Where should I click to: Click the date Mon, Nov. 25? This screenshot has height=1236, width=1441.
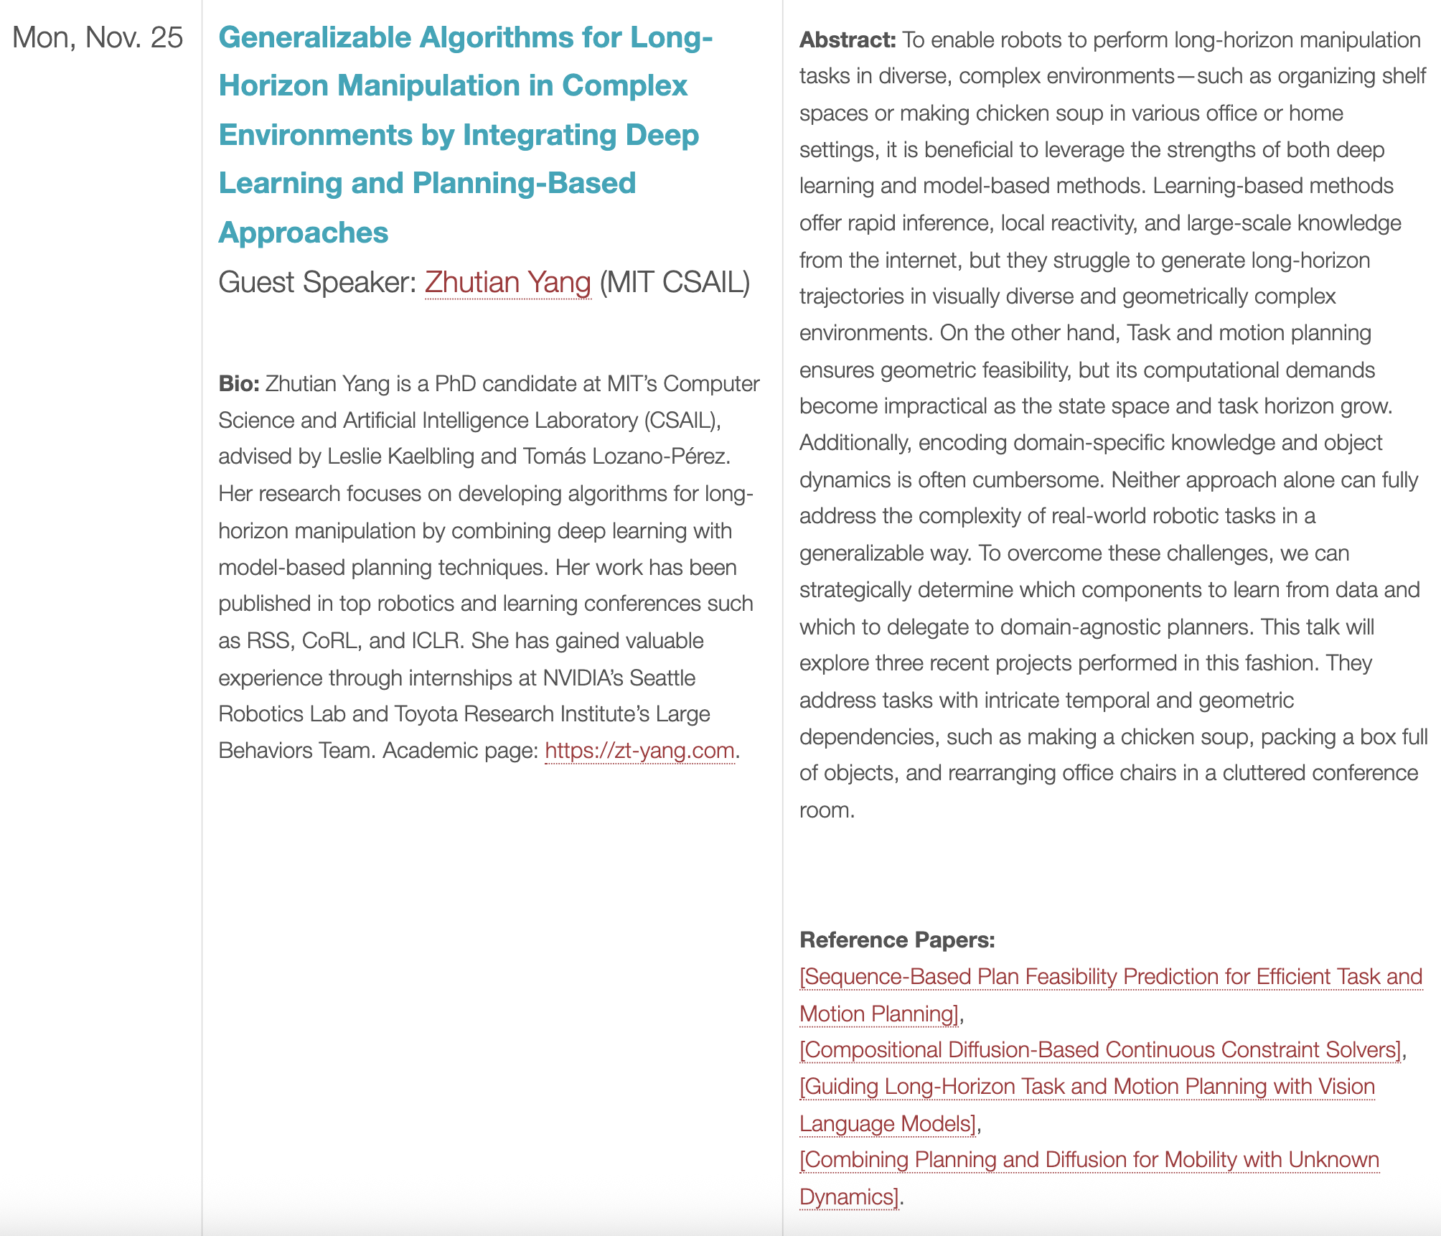[x=98, y=37]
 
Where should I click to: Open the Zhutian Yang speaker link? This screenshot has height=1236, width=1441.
[x=507, y=282]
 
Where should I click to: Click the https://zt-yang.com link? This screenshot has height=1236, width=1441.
[x=639, y=750]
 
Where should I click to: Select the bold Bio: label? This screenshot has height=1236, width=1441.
[x=238, y=384]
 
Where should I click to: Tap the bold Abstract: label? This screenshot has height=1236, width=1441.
[x=847, y=39]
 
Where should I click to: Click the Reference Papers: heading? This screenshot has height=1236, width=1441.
[x=897, y=940]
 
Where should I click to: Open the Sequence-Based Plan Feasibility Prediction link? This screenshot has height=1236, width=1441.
[x=1110, y=976]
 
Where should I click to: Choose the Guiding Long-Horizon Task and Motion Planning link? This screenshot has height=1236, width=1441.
[x=1087, y=1086]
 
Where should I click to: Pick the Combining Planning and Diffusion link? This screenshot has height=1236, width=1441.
[x=1089, y=1159]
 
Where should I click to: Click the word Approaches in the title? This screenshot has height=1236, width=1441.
[x=303, y=233]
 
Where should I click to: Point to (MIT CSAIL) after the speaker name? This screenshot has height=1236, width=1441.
[x=675, y=282]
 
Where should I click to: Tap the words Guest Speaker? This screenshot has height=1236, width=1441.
[x=316, y=282]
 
